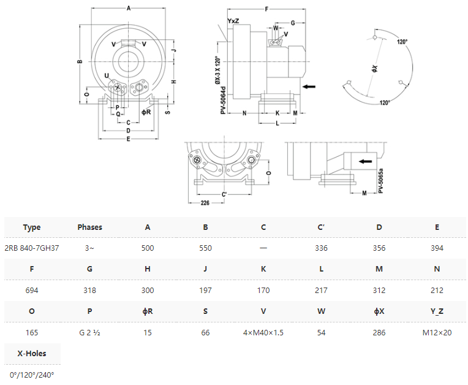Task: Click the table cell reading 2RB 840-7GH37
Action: pos(32,248)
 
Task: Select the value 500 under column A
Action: pos(148,248)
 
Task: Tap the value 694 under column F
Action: pos(32,290)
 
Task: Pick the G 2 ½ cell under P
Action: pos(89,332)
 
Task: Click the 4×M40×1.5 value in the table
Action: pos(263,332)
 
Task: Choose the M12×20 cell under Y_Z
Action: pos(437,332)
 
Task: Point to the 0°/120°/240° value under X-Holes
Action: pos(32,375)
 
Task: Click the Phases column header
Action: pos(89,227)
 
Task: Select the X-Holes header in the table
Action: pos(32,353)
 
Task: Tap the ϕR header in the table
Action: pos(148,311)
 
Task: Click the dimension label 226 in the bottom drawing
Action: pos(205,203)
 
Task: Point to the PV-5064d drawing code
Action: pos(223,101)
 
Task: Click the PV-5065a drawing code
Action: pos(380,181)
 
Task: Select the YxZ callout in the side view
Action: pos(233,21)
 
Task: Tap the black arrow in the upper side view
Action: pos(309,86)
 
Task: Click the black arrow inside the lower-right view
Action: pos(365,161)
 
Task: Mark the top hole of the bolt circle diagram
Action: pos(375,37)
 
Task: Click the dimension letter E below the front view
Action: pos(129,139)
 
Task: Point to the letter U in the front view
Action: pos(107,75)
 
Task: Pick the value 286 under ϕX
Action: pos(379,332)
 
